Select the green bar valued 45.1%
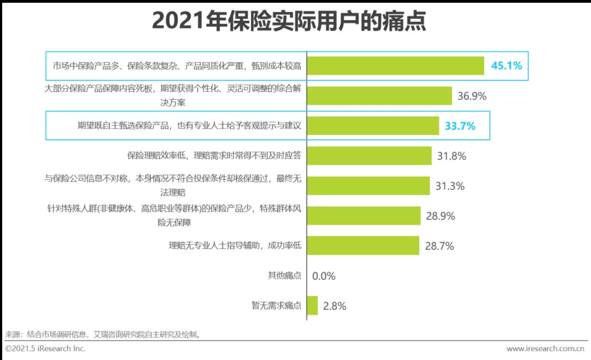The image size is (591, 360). coord(395,66)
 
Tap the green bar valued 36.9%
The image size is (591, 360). coord(379,96)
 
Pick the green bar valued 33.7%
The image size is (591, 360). coord(373,126)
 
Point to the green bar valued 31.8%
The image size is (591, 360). coord(369,156)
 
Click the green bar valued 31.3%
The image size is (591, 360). coord(368,186)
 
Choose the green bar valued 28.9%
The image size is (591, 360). coord(363,216)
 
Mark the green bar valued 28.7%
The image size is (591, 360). coord(363,246)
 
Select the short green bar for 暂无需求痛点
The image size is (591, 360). coord(312,305)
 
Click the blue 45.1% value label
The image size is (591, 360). coord(506,66)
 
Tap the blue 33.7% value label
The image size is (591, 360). coord(460,126)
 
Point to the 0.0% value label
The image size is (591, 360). coord(324,276)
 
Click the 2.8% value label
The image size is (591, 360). coord(334,306)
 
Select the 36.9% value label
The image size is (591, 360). coord(472,96)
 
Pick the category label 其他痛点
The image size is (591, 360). coord(284,276)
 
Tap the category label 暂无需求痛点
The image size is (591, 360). coord(276,306)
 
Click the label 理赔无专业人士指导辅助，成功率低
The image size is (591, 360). coord(235,246)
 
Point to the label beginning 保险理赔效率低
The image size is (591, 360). coord(214,156)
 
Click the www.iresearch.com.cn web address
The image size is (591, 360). coord(545,349)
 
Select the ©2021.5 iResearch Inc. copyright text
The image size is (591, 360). coord(45,349)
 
